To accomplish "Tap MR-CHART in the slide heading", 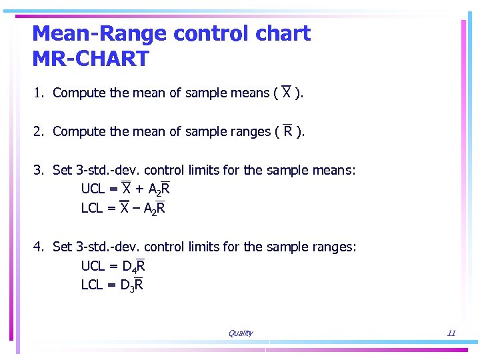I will pos(91,59).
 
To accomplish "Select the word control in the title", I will pos(208,33).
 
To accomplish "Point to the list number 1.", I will pos(39,93).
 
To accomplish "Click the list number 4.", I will pos(39,247).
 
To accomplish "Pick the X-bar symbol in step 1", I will pos(286,93).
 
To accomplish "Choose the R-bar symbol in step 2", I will pos(288,131).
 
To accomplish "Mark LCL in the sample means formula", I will pos(93,209).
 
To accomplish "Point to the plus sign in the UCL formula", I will pos(139,190).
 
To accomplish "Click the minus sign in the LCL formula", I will pos(137,209).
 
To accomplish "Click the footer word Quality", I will pos(240,333).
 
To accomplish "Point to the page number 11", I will pos(451,333).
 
